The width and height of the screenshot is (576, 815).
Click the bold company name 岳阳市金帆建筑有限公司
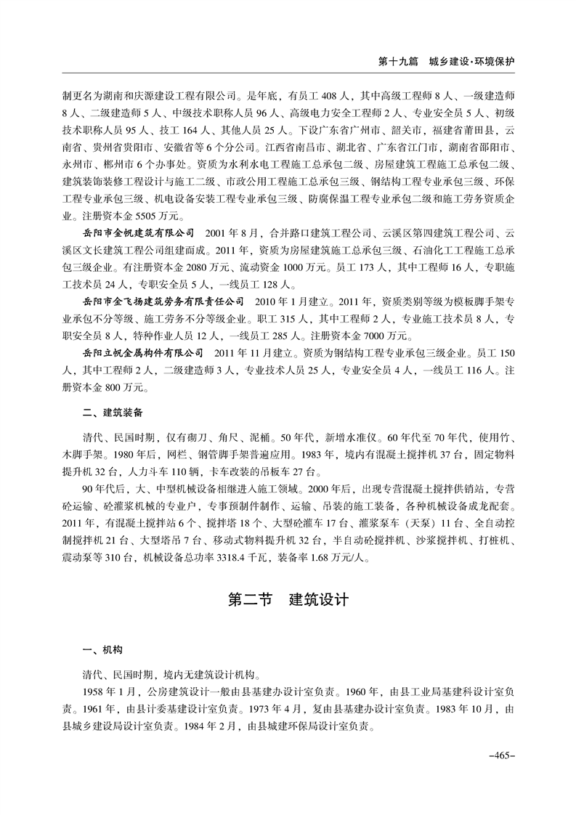coord(139,232)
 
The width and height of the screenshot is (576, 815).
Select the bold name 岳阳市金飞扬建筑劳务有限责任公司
coord(163,301)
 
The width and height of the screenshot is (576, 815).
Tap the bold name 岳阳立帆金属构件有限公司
coord(143,353)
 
